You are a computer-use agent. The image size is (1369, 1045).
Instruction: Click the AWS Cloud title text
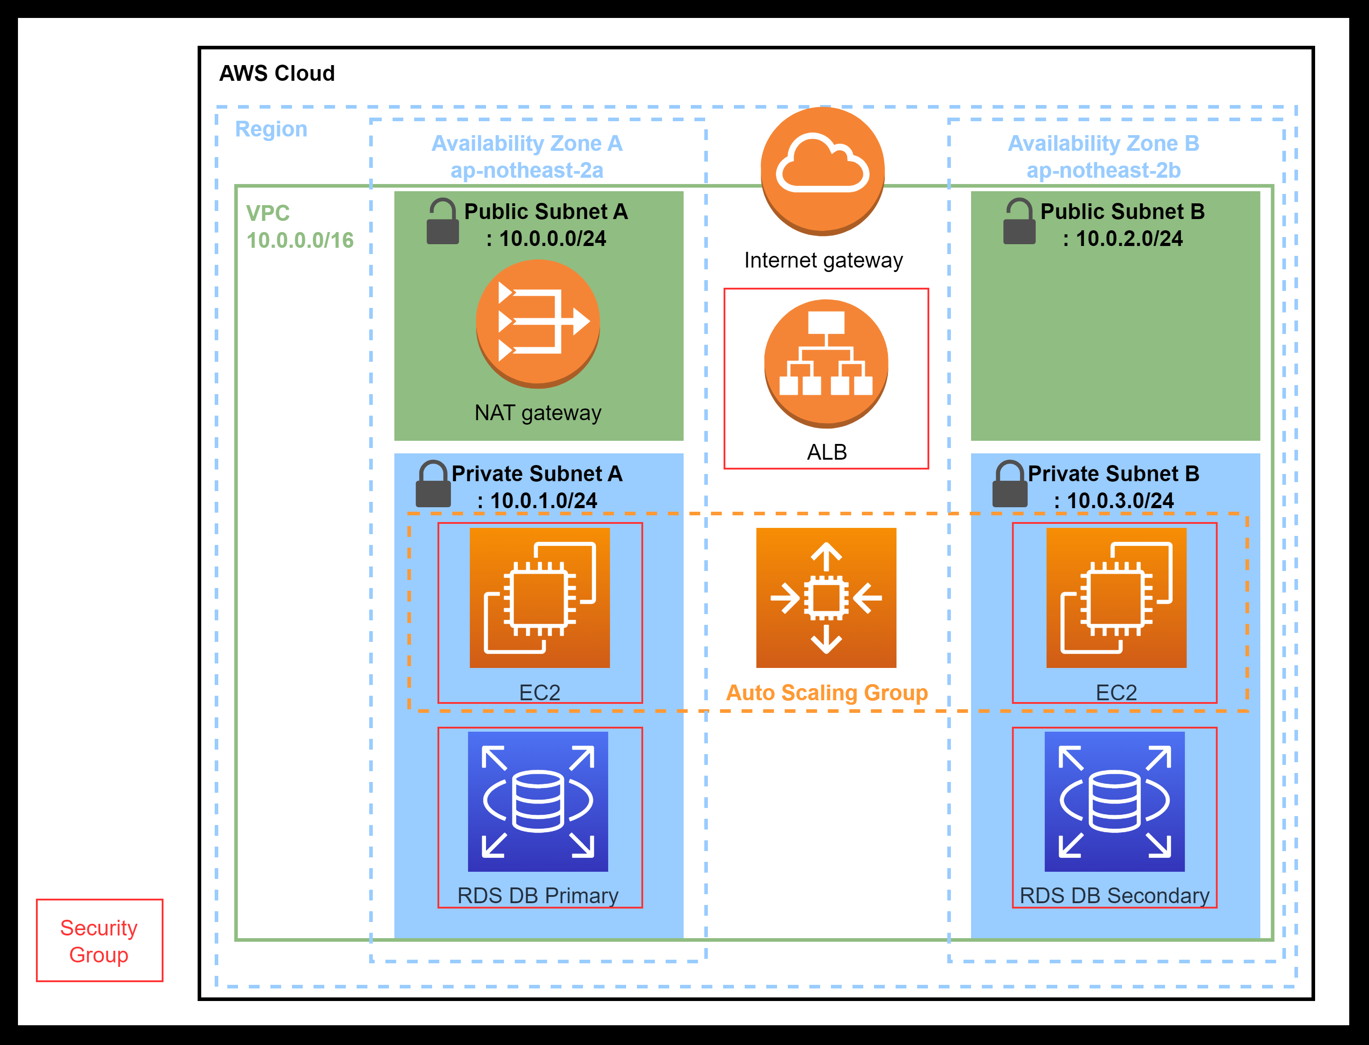[277, 74]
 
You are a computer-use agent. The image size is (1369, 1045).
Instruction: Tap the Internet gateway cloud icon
[823, 171]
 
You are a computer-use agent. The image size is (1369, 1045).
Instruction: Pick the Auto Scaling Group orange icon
[826, 598]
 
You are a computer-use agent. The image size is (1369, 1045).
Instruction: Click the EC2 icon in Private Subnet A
[539, 598]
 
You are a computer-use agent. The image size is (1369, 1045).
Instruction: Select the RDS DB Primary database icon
[538, 801]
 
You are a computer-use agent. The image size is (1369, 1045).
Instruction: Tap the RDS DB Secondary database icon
[1114, 801]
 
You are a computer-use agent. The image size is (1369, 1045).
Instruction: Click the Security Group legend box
[100, 940]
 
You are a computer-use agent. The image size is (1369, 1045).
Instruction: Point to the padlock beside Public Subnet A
[442, 222]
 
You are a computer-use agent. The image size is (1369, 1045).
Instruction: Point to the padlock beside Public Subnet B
[1019, 222]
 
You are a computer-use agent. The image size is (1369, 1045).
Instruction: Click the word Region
[271, 129]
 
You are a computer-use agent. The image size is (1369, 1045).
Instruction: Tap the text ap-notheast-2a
[526, 171]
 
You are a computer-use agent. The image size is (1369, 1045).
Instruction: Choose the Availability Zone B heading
[1103, 143]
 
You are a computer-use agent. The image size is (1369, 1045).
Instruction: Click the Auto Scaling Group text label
[826, 692]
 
